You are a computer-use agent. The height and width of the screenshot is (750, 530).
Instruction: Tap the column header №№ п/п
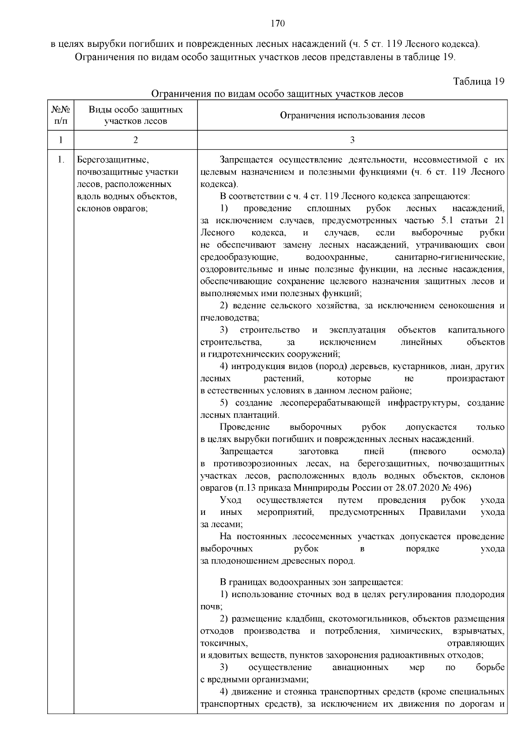[x=61, y=115]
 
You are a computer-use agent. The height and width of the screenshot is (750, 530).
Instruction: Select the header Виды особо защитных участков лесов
[x=136, y=115]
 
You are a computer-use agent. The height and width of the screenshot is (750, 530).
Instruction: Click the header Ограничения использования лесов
[x=352, y=115]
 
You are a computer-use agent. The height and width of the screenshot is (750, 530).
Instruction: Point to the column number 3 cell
[x=352, y=140]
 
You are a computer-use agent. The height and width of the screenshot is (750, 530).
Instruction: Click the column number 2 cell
[x=136, y=140]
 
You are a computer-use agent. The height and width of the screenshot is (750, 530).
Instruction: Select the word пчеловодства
[x=228, y=318]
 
